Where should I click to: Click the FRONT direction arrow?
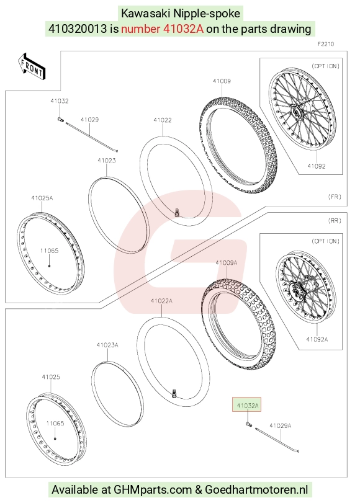pyautogui.click(x=32, y=66)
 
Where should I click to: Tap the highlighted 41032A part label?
pyautogui.click(x=247, y=406)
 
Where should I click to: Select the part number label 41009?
pyautogui.click(x=222, y=81)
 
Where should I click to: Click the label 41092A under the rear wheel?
pyautogui.click(x=317, y=339)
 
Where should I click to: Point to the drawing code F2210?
pyautogui.click(x=326, y=44)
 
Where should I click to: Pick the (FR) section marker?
pyautogui.click(x=335, y=197)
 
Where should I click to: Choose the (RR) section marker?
pyautogui.click(x=335, y=221)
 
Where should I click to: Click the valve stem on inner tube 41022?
pyautogui.click(x=176, y=212)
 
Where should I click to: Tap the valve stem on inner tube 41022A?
pyautogui.click(x=174, y=393)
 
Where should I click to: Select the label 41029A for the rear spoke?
pyautogui.click(x=281, y=425)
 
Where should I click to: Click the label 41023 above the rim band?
pyautogui.click(x=107, y=161)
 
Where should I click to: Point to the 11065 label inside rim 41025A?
pyautogui.click(x=50, y=251)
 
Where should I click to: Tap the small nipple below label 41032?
pyautogui.click(x=60, y=119)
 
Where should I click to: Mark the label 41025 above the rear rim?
pyautogui.click(x=51, y=377)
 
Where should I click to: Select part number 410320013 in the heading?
pyautogui.click(x=78, y=29)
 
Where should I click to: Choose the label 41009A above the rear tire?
pyautogui.click(x=227, y=263)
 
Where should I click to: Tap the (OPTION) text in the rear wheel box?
pyautogui.click(x=325, y=241)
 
